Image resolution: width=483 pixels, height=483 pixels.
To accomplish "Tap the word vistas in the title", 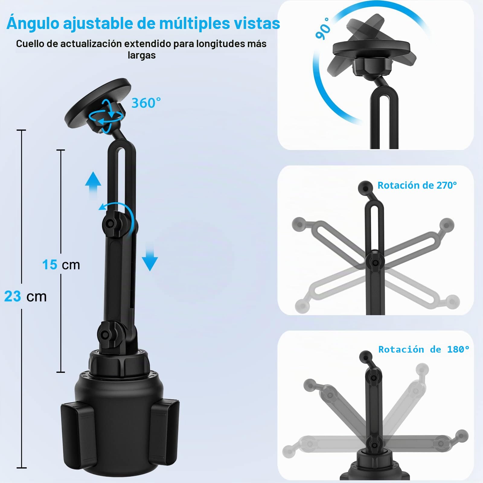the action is tap(258, 23).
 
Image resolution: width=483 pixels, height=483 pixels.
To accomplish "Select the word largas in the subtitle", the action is tap(142, 56).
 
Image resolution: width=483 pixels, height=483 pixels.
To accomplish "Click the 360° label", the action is tap(146, 103).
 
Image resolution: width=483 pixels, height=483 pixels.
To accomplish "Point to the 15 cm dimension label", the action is tap(61, 265).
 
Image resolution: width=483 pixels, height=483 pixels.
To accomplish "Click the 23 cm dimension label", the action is tap(26, 296).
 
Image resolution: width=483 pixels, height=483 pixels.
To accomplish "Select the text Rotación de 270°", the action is tap(417, 185).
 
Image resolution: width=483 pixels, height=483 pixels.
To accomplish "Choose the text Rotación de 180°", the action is tap(424, 349).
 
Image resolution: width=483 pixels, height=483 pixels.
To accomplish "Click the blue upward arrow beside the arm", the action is tap(93, 185).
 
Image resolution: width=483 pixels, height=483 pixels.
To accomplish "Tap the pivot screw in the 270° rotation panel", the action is tap(375, 263).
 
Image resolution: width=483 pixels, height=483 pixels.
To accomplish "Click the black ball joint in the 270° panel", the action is tap(365, 188).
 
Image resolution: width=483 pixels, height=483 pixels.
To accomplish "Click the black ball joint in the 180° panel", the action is tap(366, 357).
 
